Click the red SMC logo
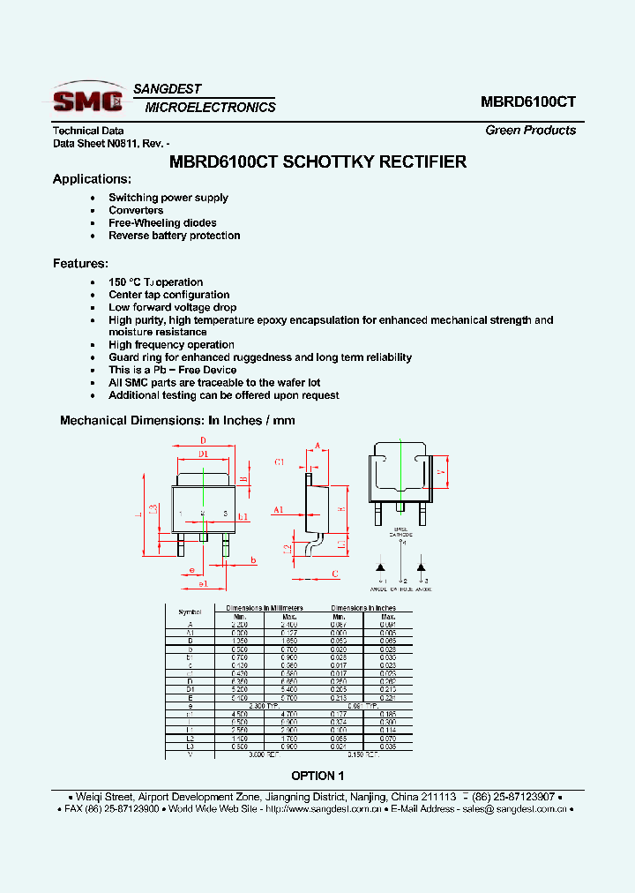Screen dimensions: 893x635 pyautogui.click(x=87, y=99)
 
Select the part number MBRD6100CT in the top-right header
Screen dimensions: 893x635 pyautogui.click(x=528, y=101)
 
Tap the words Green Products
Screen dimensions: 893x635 pyautogui.click(x=530, y=130)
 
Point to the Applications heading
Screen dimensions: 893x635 pyautogui.click(x=93, y=179)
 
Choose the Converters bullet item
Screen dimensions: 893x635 pyautogui.click(x=136, y=210)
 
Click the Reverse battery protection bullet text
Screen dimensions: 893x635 pyautogui.click(x=174, y=236)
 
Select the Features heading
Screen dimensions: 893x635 pyautogui.click(x=80, y=263)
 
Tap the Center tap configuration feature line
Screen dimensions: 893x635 pyautogui.click(x=168, y=295)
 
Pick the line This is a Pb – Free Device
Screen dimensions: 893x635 pyautogui.click(x=172, y=370)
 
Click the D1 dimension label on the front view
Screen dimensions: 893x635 pyautogui.click(x=203, y=454)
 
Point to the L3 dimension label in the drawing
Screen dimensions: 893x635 pyautogui.click(x=153, y=508)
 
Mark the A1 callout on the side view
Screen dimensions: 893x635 pyautogui.click(x=279, y=509)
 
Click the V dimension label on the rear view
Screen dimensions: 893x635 pyautogui.click(x=439, y=471)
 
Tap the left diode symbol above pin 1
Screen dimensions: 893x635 pyautogui.click(x=381, y=566)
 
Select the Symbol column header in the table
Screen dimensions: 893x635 pyautogui.click(x=190, y=612)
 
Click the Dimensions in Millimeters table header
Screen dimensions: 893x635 pyautogui.click(x=264, y=608)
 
